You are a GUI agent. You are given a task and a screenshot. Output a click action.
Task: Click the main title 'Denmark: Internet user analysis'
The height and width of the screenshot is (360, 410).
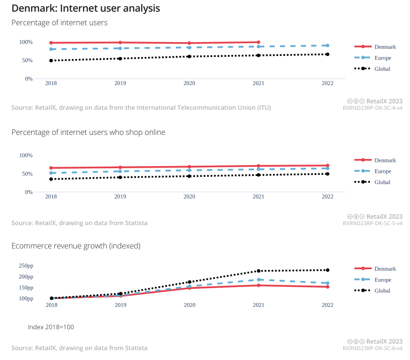tap(86, 9)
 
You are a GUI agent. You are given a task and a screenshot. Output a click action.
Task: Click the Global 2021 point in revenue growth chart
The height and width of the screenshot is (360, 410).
tap(259, 271)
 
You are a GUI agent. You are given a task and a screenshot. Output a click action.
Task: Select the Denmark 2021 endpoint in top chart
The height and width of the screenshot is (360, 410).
tap(259, 42)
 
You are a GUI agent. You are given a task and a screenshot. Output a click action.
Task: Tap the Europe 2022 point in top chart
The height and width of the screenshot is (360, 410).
tap(327, 46)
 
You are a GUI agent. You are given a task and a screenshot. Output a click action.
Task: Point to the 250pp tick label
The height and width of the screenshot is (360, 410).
tap(26, 266)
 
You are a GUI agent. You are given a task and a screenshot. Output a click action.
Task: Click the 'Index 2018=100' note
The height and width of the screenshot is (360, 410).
tap(51, 327)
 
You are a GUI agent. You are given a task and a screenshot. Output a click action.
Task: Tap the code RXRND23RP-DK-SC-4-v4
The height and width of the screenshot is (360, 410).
tap(373, 108)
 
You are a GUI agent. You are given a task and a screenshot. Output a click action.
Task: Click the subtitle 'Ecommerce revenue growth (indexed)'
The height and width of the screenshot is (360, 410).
tap(76, 246)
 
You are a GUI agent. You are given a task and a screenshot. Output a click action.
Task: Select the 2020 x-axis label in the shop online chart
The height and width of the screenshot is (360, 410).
tap(189, 196)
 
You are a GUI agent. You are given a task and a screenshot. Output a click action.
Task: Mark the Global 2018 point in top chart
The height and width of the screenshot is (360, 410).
tap(51, 61)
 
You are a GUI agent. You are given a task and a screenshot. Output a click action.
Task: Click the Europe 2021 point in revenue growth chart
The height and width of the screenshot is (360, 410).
tap(259, 279)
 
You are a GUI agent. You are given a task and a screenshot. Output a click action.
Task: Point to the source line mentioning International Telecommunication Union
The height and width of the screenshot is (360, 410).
tap(141, 108)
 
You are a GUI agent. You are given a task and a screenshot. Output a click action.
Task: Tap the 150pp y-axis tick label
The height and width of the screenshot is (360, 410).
tap(26, 288)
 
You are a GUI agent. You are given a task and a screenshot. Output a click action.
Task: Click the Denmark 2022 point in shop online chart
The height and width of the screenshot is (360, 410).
tap(327, 166)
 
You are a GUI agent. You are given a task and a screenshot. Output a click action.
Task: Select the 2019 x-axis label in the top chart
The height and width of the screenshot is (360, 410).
tap(120, 83)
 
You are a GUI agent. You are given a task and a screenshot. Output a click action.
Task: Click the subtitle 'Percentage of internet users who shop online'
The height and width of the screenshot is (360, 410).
tap(88, 132)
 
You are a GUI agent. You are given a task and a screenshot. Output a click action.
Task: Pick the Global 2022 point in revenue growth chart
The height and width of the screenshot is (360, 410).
tap(327, 270)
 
